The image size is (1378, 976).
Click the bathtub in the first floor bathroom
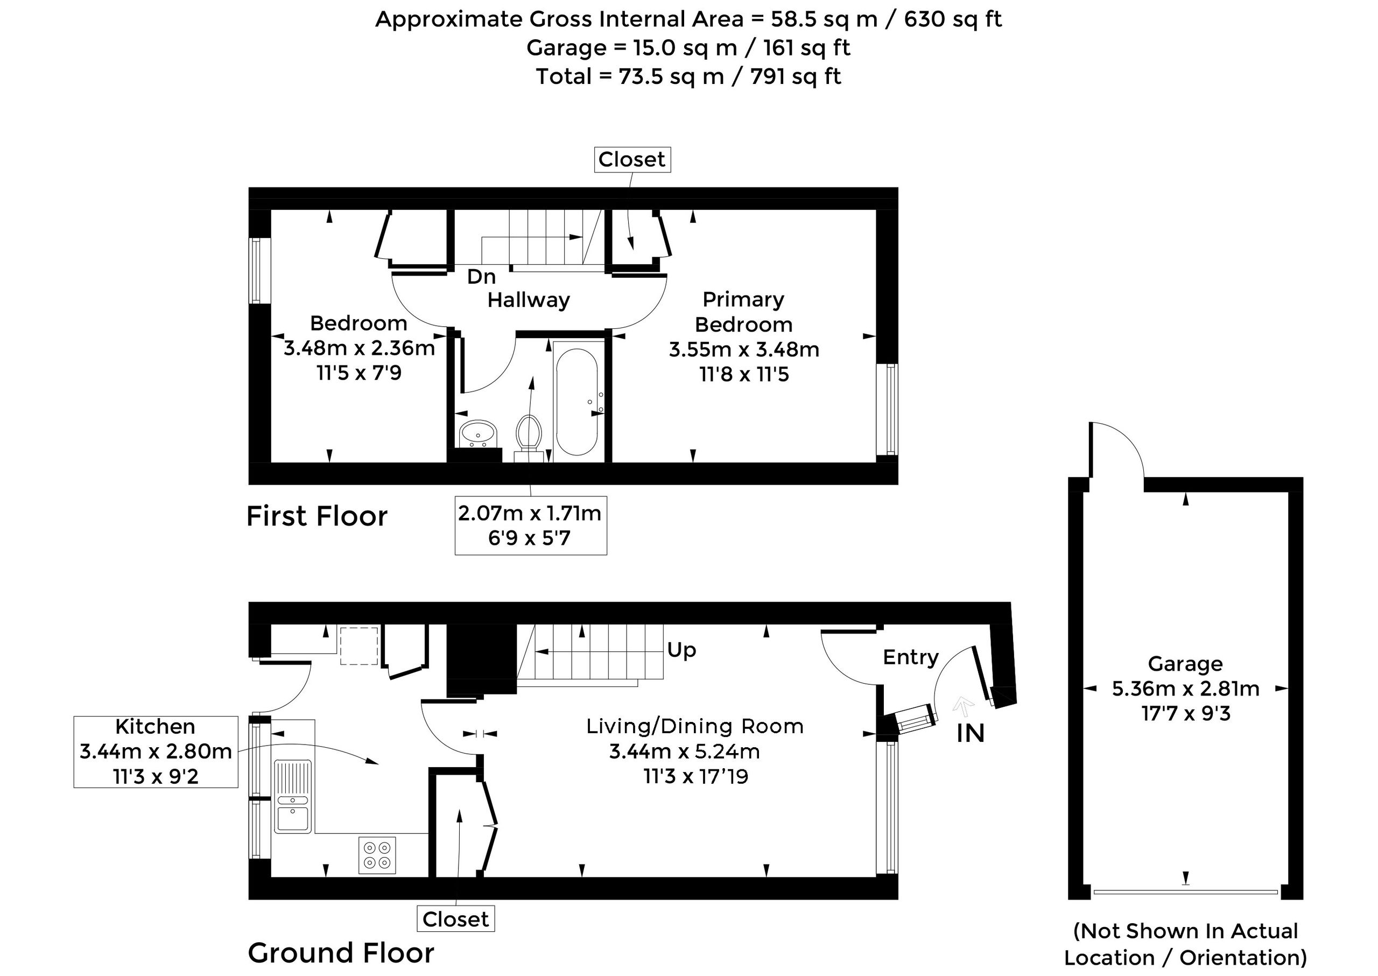point(577,402)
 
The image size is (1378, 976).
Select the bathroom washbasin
point(479,433)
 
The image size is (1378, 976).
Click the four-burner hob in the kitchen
point(377,855)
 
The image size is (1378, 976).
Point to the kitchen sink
point(293,796)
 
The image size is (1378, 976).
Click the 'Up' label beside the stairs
point(681,650)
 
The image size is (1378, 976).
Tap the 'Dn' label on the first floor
point(481,277)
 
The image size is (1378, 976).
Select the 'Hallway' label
point(528,300)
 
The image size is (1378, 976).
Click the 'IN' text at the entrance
point(971,733)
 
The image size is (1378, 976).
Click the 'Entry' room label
point(910,657)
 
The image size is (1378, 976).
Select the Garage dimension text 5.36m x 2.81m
point(1186,689)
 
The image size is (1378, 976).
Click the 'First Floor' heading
point(317,516)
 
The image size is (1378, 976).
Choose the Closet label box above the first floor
point(632,160)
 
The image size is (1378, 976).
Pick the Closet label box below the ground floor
point(455,919)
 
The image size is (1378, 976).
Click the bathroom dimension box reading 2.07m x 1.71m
point(531,525)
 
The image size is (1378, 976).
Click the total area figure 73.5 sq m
point(671,77)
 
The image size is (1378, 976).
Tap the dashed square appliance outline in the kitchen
point(360,646)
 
